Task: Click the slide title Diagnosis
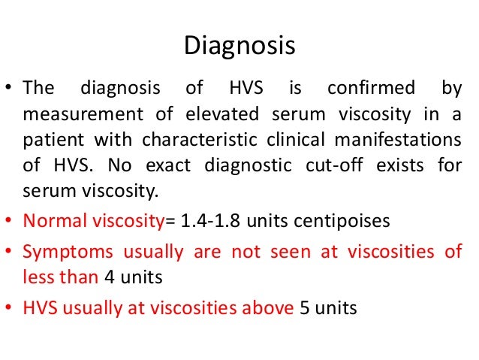239,46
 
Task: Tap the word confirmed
370,89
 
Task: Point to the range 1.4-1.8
221,222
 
